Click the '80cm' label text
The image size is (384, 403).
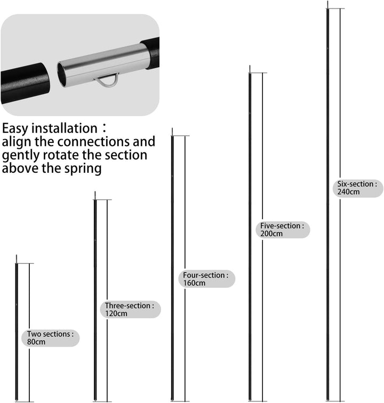[36, 342]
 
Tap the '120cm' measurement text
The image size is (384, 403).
[116, 313]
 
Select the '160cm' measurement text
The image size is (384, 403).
[194, 283]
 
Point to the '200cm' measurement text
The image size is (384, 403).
[271, 233]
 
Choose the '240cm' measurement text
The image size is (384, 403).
[348, 192]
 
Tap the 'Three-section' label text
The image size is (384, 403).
[127, 305]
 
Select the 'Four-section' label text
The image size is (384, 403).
[204, 275]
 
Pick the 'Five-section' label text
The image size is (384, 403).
[281, 225]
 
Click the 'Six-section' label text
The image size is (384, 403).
[355, 184]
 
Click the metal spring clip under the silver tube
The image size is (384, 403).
[108, 80]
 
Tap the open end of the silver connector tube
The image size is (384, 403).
[62, 74]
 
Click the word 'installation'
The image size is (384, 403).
[65, 128]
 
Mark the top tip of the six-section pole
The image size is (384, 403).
[327, 1]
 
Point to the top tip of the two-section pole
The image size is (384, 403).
[17, 255]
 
